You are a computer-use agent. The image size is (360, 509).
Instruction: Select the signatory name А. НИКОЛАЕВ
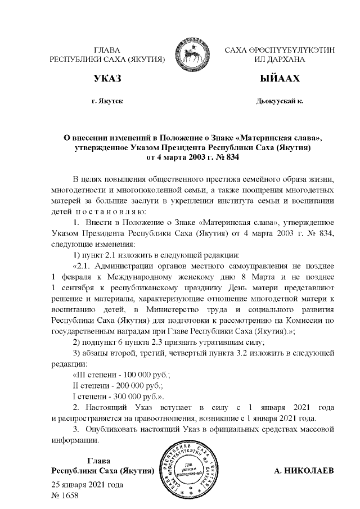click(303, 470)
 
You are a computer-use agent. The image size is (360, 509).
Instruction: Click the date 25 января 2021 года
click(87, 484)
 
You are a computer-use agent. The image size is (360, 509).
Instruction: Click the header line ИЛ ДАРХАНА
click(280, 60)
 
